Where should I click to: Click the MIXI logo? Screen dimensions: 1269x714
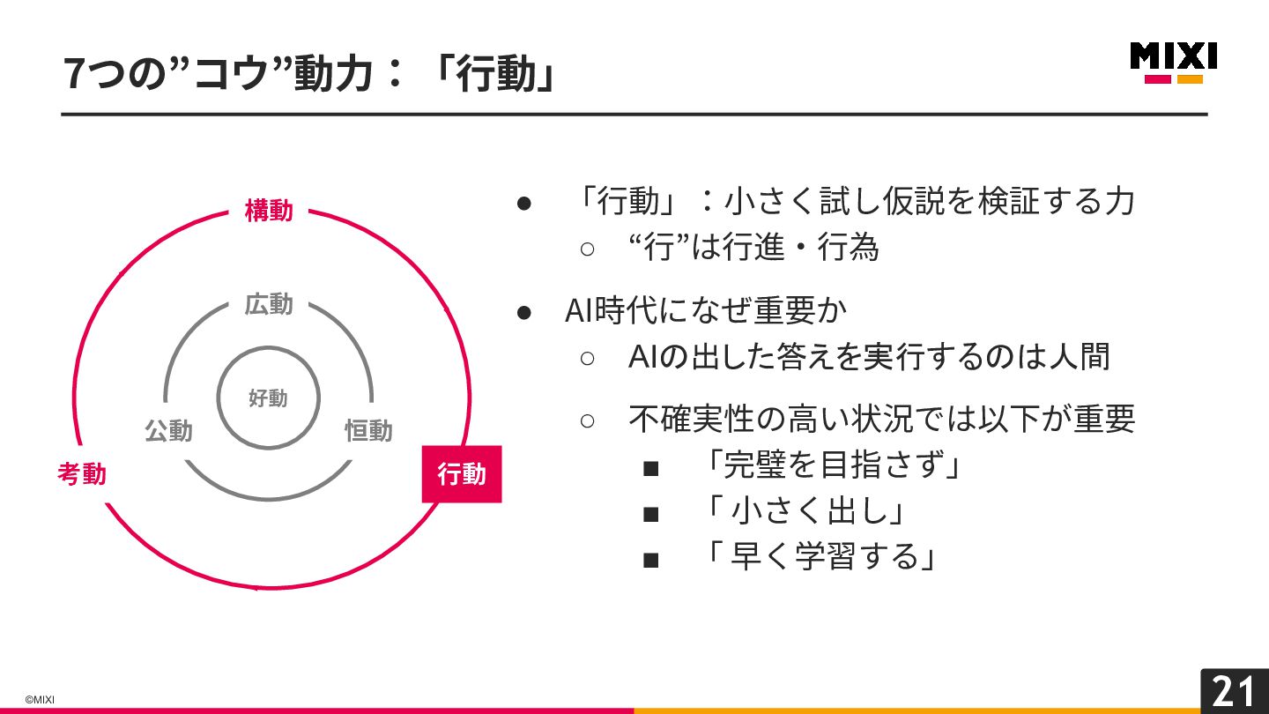point(1173,62)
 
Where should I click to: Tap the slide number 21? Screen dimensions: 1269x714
point(1234,691)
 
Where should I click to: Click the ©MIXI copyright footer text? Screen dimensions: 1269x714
point(40,700)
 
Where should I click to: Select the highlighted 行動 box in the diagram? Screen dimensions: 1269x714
point(462,474)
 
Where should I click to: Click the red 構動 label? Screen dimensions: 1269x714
point(269,212)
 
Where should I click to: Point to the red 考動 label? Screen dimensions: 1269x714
point(82,474)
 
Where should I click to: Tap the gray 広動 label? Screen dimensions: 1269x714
point(269,305)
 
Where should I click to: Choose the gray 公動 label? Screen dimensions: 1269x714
point(168,431)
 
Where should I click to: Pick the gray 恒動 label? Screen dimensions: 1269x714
point(368,431)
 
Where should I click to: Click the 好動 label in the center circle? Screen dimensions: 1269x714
point(268,398)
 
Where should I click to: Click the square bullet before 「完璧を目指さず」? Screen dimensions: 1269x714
point(651,467)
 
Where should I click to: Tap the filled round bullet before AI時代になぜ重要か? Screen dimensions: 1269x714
point(523,311)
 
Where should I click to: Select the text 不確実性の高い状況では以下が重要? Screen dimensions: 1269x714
point(881,419)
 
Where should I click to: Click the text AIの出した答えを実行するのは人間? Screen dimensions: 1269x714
point(868,357)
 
